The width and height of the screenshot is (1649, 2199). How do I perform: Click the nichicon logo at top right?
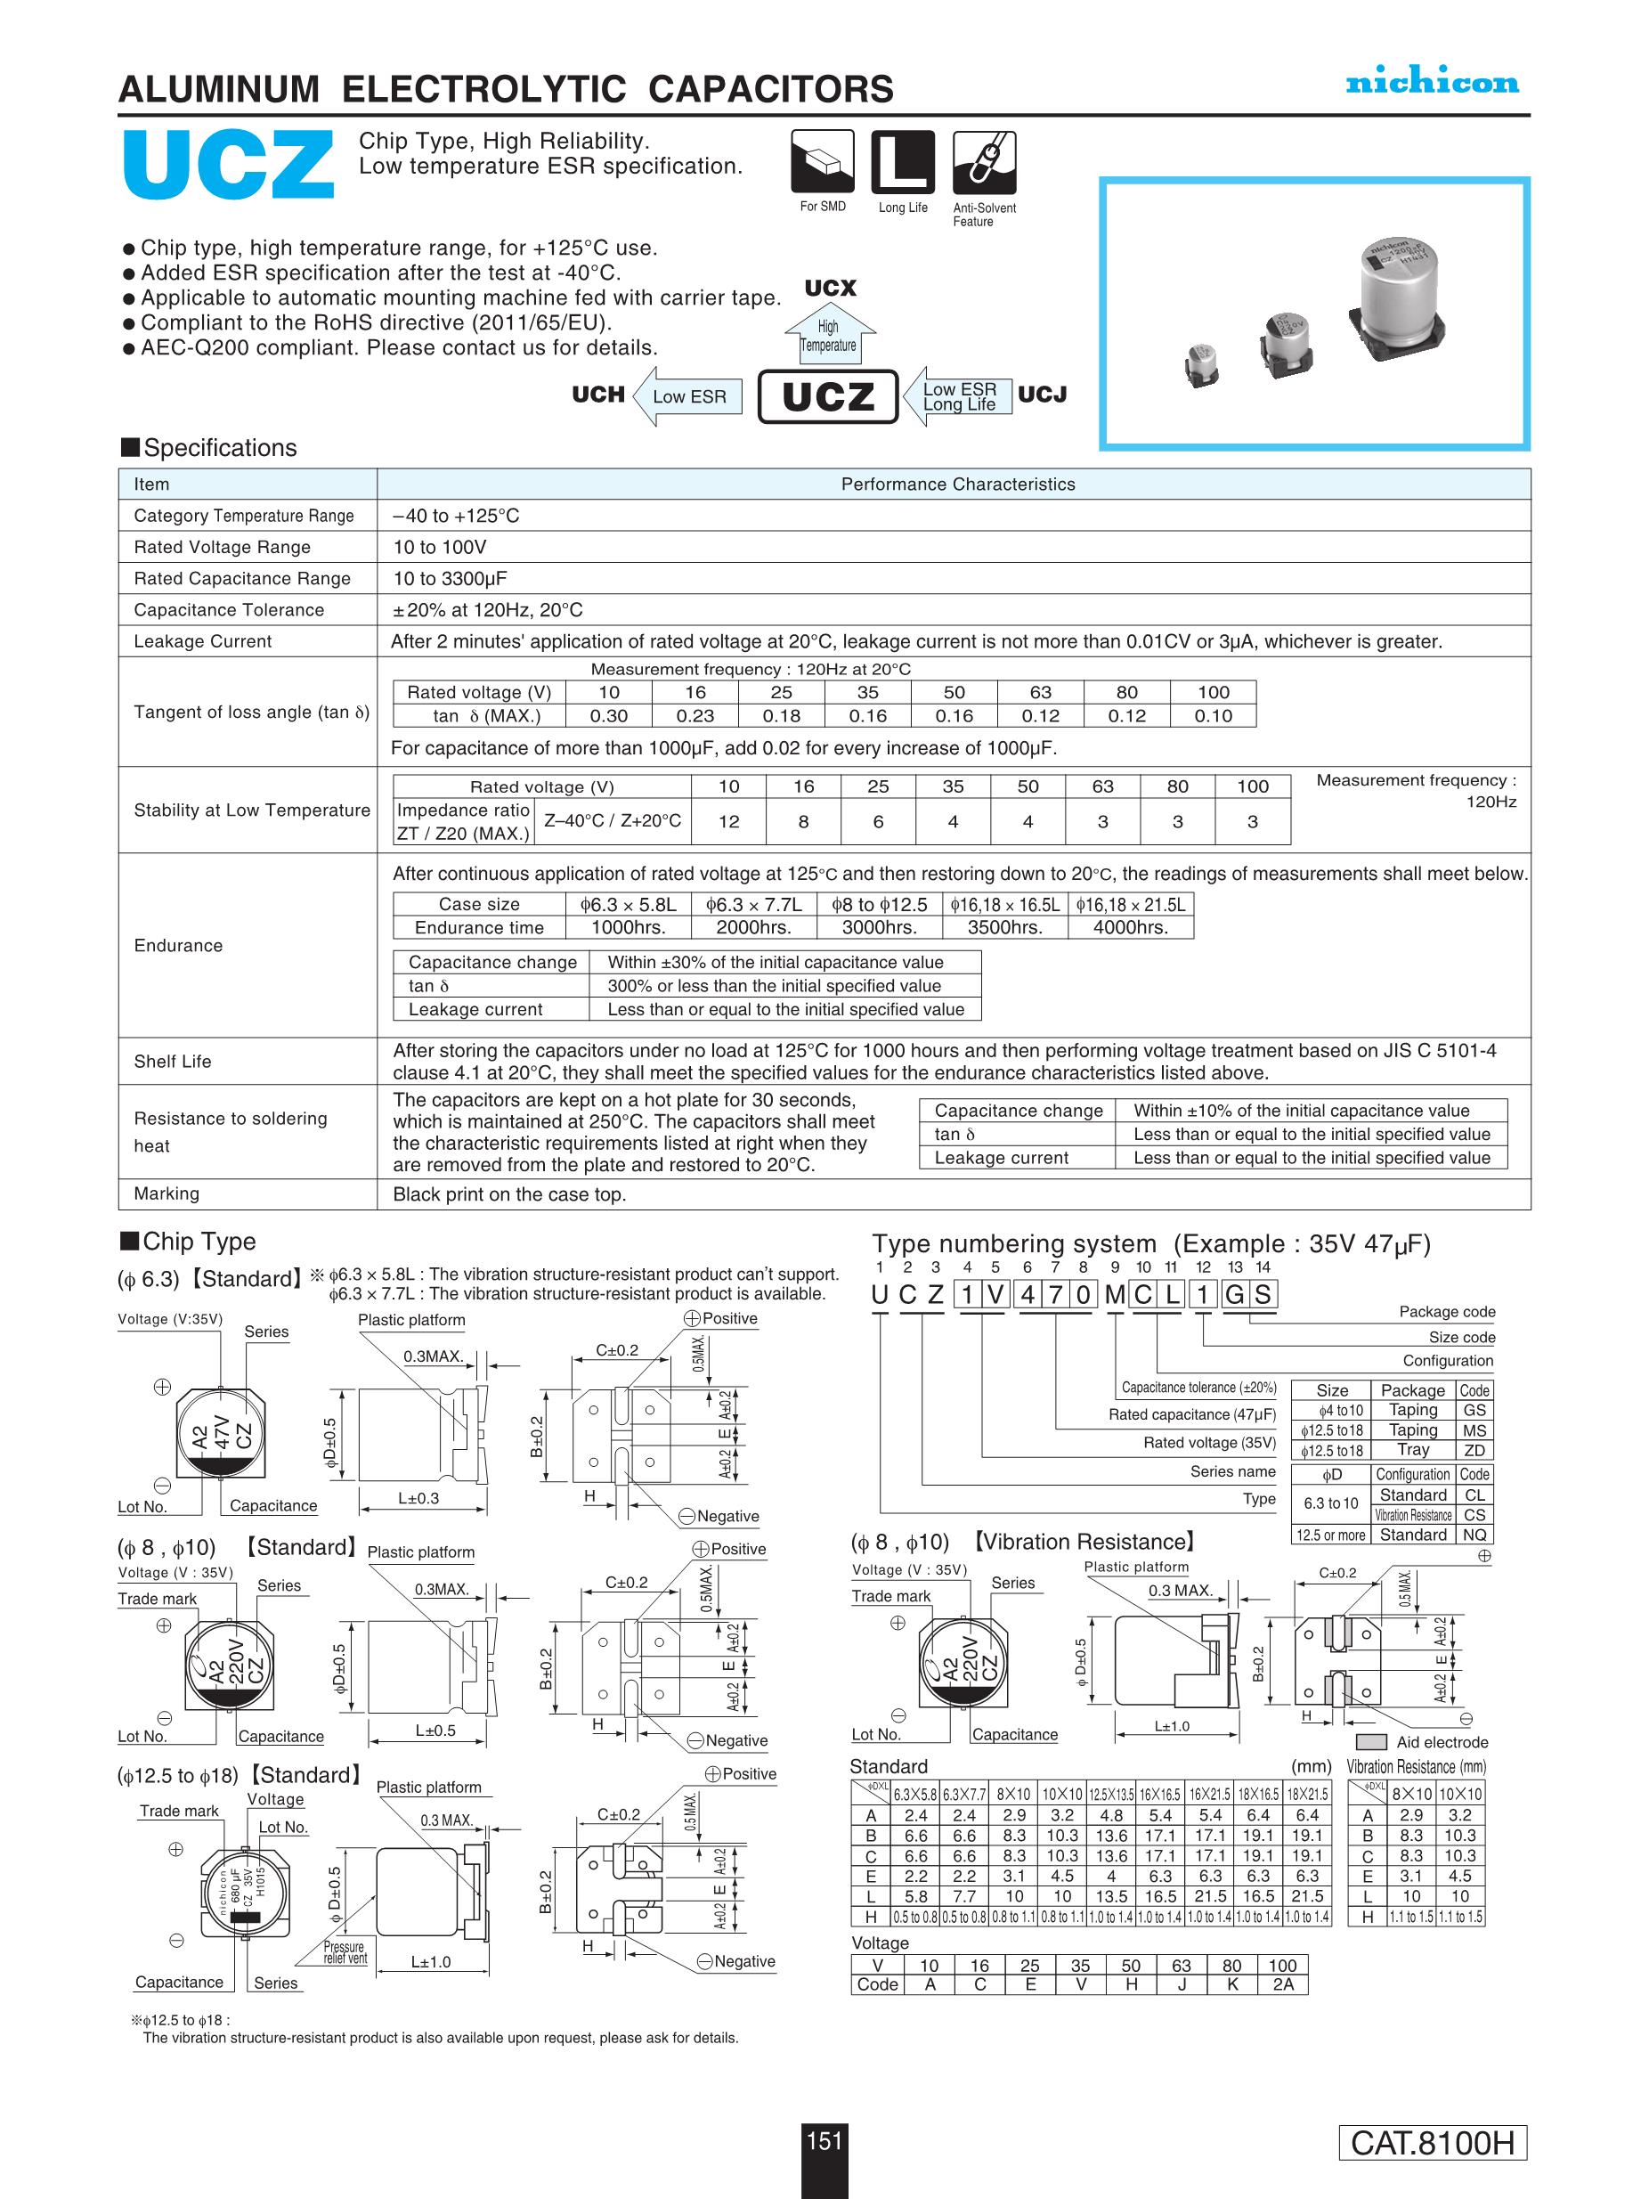(x=1432, y=82)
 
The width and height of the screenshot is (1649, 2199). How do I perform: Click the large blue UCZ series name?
(x=228, y=166)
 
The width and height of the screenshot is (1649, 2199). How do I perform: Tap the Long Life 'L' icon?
(x=903, y=162)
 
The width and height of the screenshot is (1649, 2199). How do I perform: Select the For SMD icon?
(x=822, y=162)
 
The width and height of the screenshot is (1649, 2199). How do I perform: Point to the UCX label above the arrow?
(x=830, y=289)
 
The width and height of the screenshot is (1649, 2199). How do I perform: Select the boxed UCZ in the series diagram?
(x=828, y=396)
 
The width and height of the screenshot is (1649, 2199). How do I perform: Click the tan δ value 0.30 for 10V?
(x=608, y=716)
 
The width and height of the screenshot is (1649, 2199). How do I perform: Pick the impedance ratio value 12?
(x=728, y=822)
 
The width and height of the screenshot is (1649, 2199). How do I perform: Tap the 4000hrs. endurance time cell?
(x=1130, y=927)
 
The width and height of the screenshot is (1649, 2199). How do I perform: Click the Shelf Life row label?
(x=173, y=1061)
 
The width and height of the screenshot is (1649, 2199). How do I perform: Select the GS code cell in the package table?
(x=1474, y=1410)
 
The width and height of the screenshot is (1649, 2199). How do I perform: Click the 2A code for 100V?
(x=1282, y=1984)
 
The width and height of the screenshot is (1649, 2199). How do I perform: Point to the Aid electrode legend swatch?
(x=1370, y=1742)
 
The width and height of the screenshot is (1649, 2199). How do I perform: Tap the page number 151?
(x=824, y=2139)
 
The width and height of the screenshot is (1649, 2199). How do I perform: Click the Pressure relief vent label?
(x=345, y=1952)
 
